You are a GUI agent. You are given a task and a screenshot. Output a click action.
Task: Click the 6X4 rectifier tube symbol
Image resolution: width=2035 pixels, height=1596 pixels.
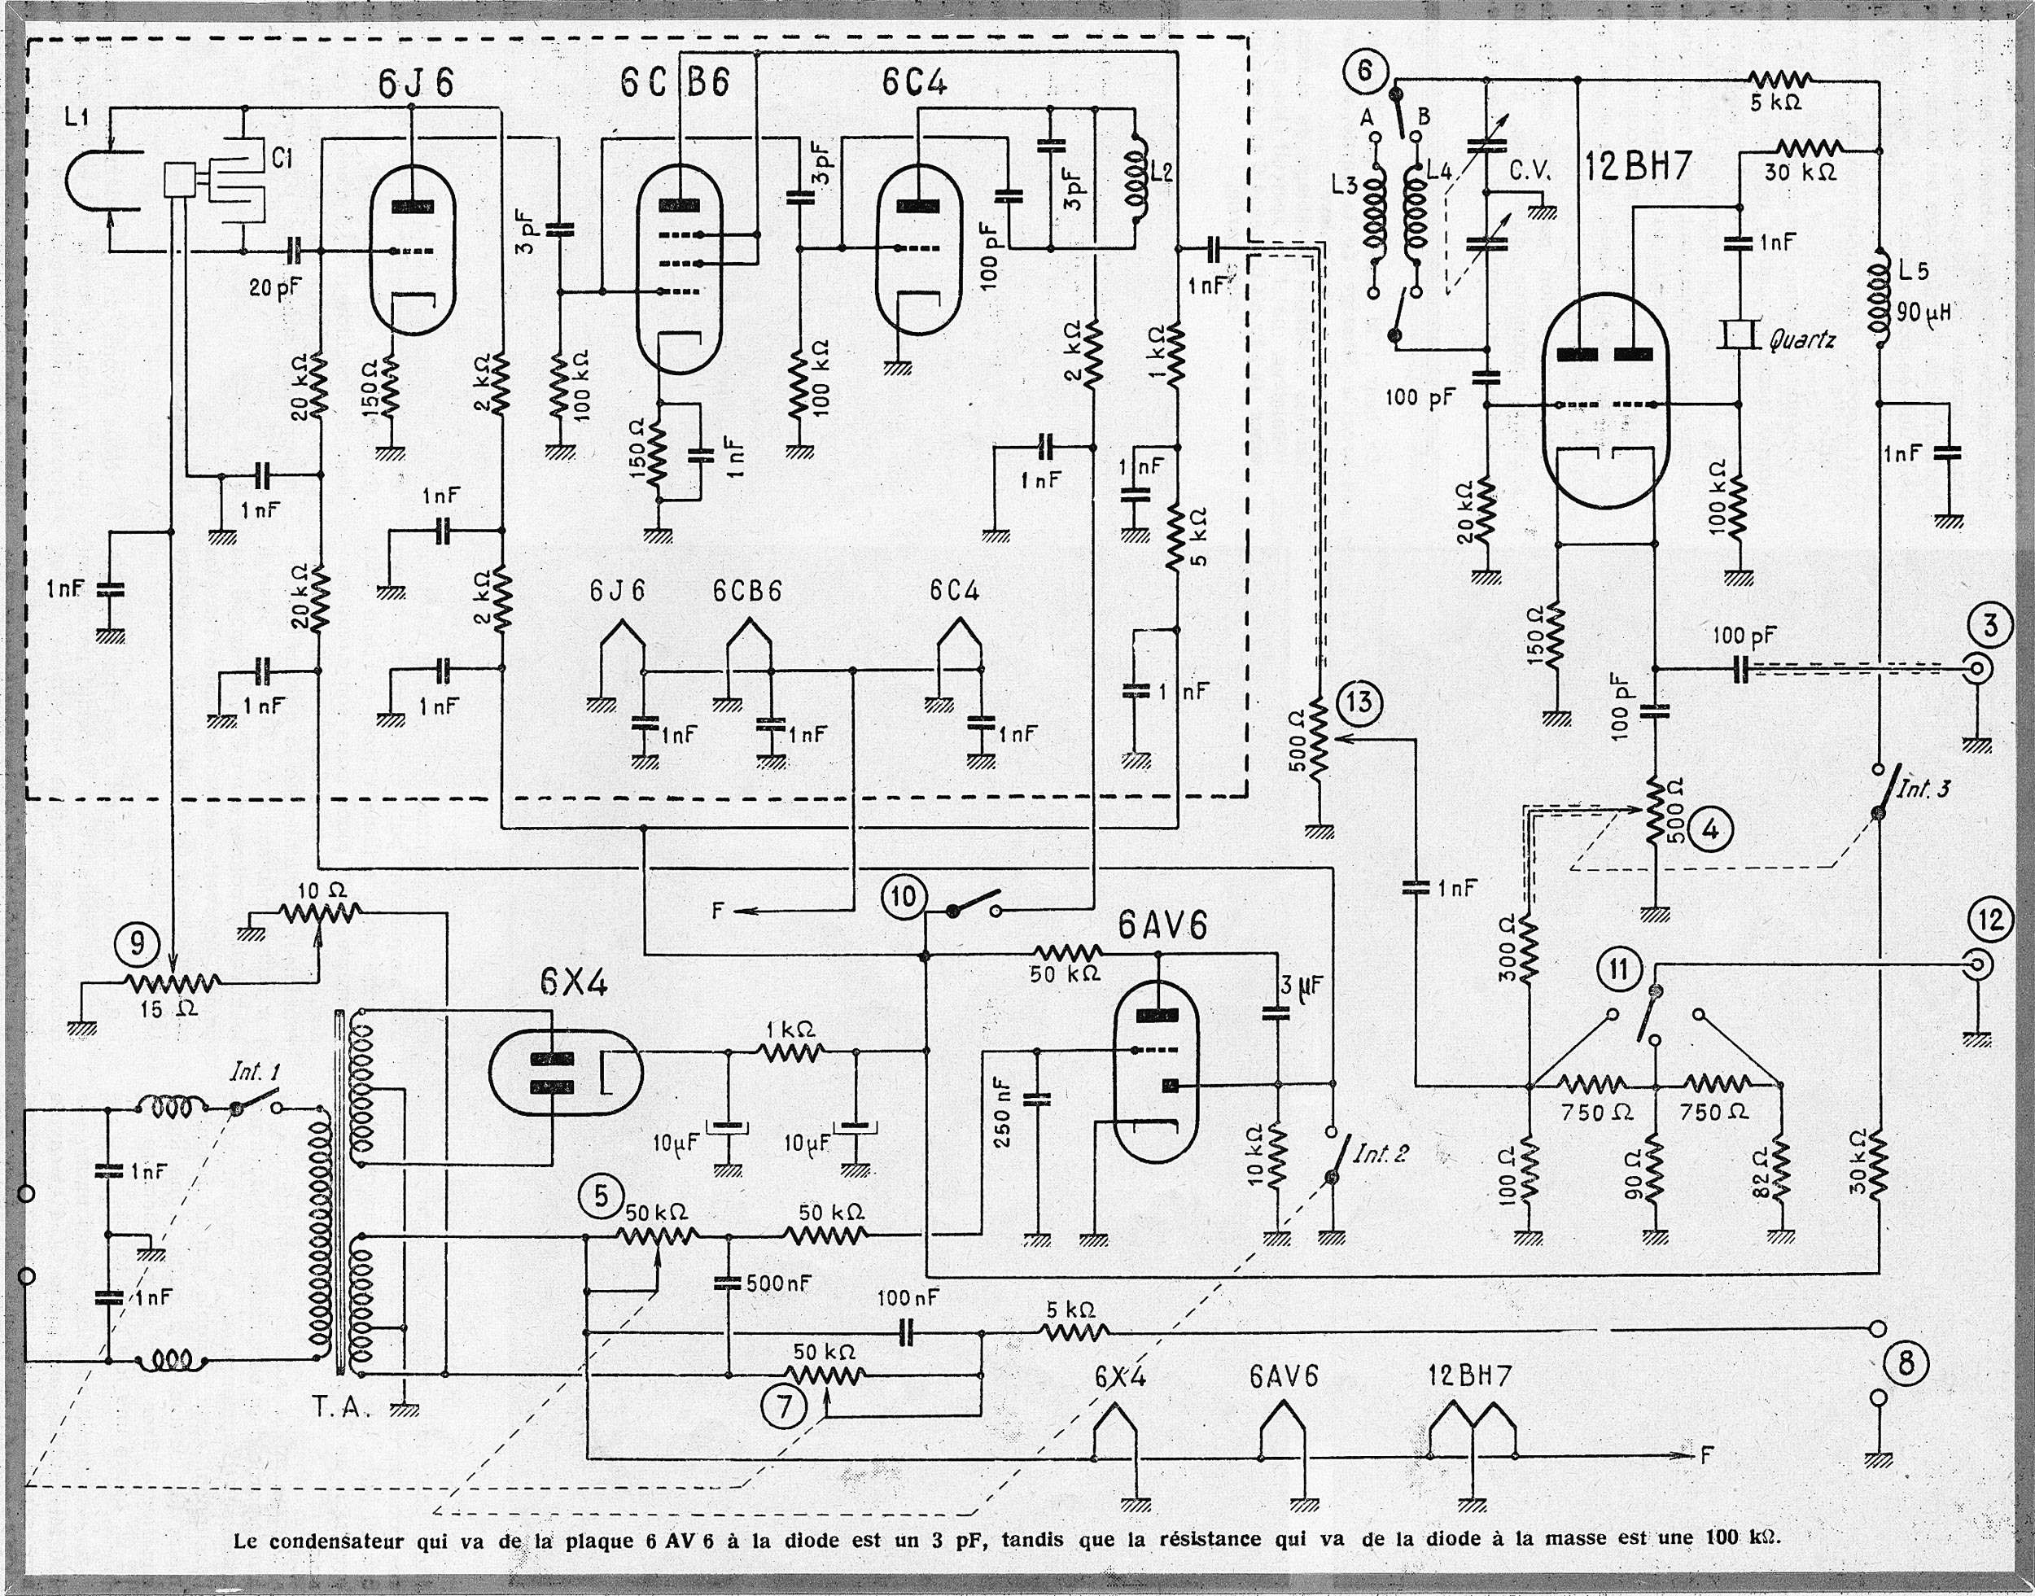[564, 1072]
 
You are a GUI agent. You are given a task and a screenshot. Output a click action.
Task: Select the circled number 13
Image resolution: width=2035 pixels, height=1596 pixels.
[1359, 701]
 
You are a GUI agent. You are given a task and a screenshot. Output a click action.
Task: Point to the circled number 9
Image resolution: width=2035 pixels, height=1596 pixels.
[138, 945]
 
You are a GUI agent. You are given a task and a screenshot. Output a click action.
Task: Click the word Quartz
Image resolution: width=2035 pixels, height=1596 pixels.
[1801, 339]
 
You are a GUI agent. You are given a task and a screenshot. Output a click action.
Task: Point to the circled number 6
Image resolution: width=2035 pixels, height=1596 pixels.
[1365, 71]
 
